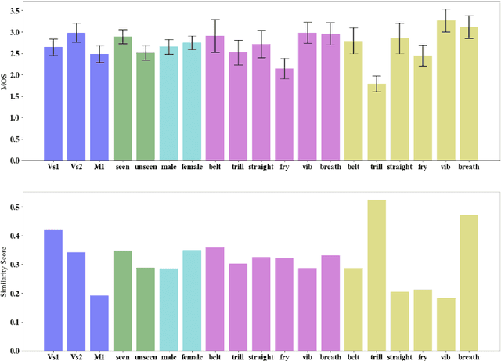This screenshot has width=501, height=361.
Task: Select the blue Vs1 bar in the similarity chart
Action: pyautogui.click(x=53, y=290)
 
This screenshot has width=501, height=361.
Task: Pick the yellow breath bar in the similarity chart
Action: pyautogui.click(x=468, y=282)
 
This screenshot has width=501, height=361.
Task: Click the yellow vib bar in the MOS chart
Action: pyautogui.click(x=445, y=94)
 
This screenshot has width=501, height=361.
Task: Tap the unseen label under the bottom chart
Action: pyautogui.click(x=146, y=357)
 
